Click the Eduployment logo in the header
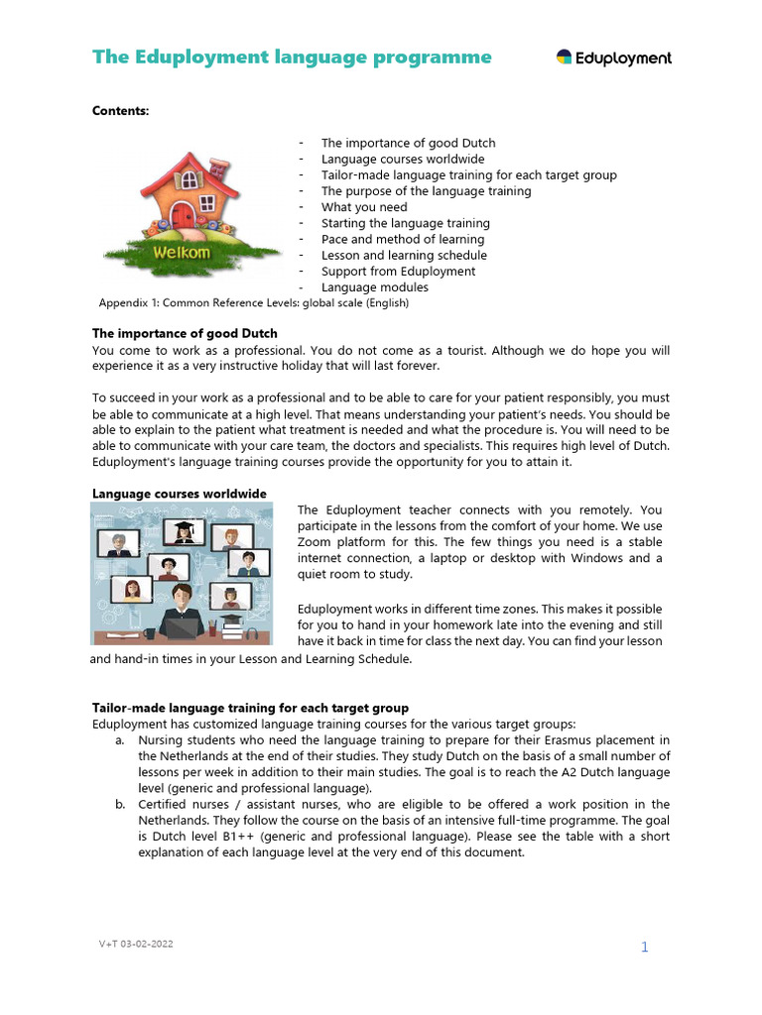pos(613,57)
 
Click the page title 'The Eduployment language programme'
pos(292,56)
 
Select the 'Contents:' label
pos(120,111)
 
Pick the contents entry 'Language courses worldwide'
pos(403,159)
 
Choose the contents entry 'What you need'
pos(364,207)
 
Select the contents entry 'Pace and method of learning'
pos(403,239)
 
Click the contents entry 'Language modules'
pos(375,287)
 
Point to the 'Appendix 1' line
pos(254,302)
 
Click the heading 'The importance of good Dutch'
pos(185,333)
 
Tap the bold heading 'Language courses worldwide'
pos(179,494)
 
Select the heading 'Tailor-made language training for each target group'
pos(250,708)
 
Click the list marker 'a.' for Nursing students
pos(119,739)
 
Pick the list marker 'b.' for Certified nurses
pos(119,804)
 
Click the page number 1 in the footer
pos(644,947)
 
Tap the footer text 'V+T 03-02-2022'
pos(128,944)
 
